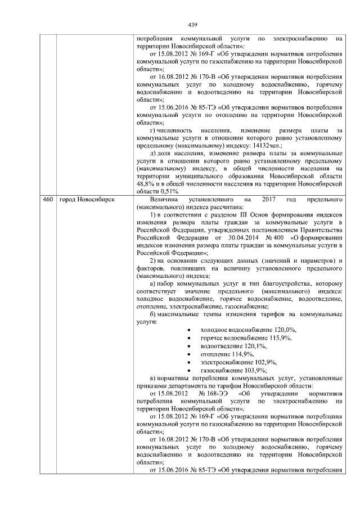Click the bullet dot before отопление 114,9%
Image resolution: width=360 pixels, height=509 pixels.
point(188,354)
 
